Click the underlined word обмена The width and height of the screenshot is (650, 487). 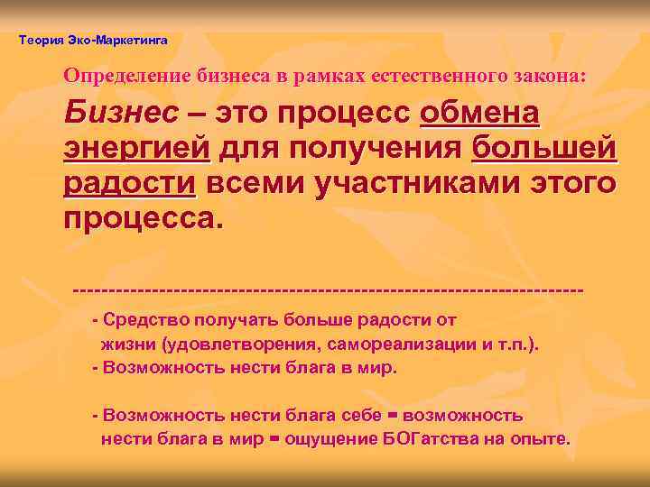(481, 115)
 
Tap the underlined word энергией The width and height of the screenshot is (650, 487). (136, 149)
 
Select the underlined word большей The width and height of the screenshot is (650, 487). (543, 148)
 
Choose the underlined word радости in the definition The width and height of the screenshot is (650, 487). (129, 183)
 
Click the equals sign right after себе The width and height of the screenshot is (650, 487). (392, 416)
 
